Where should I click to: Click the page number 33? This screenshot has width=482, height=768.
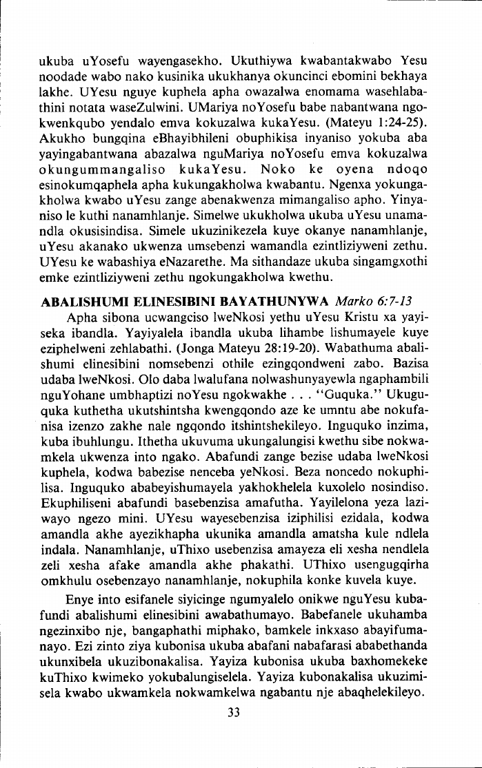tap(233, 712)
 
